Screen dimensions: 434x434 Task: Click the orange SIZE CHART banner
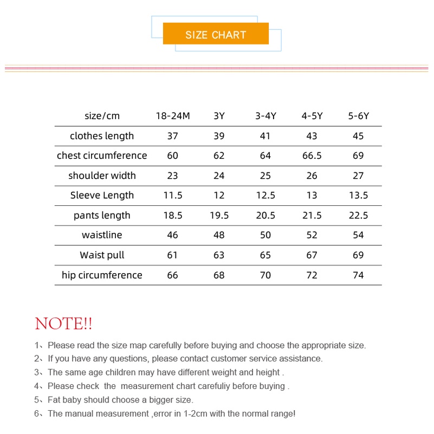(216, 35)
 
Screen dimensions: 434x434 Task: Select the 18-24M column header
(173, 116)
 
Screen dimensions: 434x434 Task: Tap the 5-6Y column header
(358, 116)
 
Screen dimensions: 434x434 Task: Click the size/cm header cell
(102, 116)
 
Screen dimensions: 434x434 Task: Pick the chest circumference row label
(102, 156)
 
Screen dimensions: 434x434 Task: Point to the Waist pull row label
(102, 255)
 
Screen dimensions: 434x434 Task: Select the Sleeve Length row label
(102, 195)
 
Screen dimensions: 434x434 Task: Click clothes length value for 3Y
(219, 136)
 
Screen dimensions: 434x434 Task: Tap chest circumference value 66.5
(312, 156)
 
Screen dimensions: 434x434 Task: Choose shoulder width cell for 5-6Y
(358, 176)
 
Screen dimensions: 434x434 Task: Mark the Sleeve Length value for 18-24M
(173, 195)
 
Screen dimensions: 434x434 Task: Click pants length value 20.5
(265, 215)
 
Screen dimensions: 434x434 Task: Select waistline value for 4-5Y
(312, 235)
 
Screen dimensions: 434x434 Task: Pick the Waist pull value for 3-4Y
(265, 255)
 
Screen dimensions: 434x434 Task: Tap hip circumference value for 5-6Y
(358, 275)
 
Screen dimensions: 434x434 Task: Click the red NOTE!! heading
(63, 324)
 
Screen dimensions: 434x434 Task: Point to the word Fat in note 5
(54, 400)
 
